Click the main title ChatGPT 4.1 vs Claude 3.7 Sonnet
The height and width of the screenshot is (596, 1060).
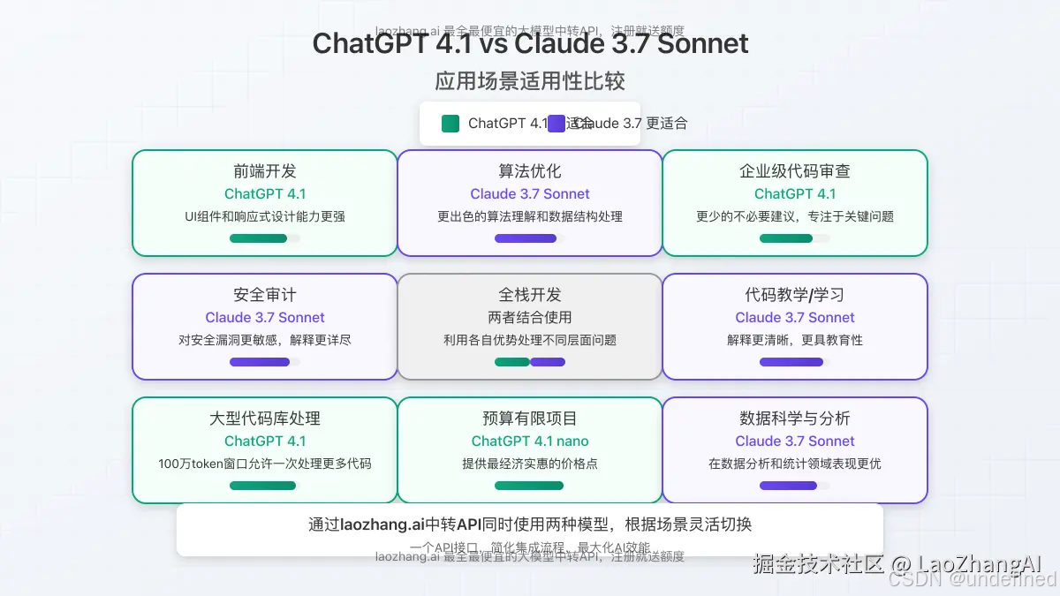point(530,43)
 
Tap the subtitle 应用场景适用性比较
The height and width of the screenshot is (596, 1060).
point(530,81)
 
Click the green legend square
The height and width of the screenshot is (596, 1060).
point(450,124)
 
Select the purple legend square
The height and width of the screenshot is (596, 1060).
point(556,124)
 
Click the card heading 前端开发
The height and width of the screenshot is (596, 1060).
point(265,171)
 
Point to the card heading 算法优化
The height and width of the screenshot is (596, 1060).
point(530,171)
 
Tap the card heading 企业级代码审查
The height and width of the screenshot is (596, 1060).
point(795,171)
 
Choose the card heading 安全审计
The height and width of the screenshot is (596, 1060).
point(265,295)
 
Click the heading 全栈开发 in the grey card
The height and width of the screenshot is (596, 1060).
point(530,295)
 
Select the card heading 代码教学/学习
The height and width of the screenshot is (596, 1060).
point(795,295)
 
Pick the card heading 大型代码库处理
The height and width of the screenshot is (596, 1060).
point(265,419)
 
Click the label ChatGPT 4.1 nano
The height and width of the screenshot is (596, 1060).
point(530,441)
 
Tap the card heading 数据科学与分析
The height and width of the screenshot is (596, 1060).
point(795,419)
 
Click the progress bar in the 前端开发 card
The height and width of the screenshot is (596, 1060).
point(259,238)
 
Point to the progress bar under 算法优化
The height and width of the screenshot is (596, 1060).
point(526,238)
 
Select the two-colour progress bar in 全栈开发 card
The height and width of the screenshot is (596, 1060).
point(530,362)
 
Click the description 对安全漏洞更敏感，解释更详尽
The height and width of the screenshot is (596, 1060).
point(265,340)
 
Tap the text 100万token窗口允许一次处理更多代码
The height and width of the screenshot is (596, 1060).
point(265,464)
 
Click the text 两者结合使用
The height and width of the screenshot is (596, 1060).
point(530,317)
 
